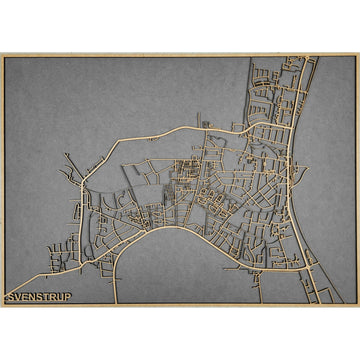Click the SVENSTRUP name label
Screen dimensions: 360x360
pos(39,297)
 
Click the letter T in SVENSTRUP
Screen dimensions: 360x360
pos(47,297)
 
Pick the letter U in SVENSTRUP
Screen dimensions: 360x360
pos(61,297)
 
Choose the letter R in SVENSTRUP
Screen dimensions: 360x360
pos(54,297)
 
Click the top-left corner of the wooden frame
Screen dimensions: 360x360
pos(2,54)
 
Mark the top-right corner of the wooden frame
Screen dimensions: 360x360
pos(358,54)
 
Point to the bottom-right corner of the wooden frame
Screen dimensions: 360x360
pos(358,306)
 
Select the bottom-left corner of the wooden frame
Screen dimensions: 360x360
pos(2,306)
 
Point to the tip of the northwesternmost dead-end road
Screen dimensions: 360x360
pos(66,154)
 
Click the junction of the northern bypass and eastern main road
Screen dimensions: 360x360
pos(287,128)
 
